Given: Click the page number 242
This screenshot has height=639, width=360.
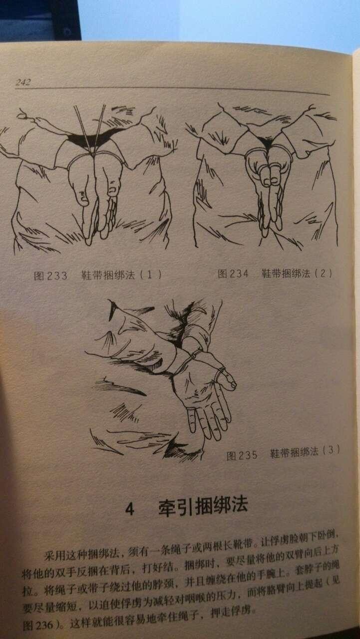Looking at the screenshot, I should point(23,82).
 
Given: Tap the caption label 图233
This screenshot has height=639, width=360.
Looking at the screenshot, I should point(50,276).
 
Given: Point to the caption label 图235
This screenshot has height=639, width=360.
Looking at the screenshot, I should point(242,455).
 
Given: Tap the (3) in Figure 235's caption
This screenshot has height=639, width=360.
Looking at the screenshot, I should point(331,450).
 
